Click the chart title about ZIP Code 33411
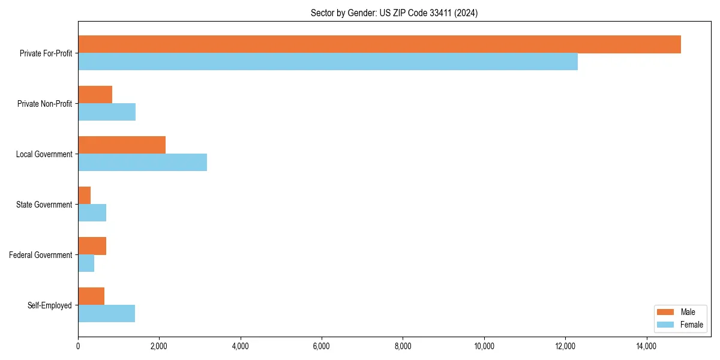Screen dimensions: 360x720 click(x=394, y=13)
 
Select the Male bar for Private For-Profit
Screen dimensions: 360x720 click(x=379, y=44)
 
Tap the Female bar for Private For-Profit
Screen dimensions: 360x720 click(x=328, y=62)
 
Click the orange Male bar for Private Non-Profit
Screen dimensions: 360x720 click(x=95, y=95)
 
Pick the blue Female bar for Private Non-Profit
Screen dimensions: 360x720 click(x=107, y=112)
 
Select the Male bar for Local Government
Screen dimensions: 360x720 click(x=122, y=145)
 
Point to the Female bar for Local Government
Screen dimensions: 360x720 click(x=142, y=163)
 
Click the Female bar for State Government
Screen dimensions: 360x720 click(x=92, y=213)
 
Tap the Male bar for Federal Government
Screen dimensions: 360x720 click(x=92, y=246)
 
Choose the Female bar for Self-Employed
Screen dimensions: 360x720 click(x=106, y=314)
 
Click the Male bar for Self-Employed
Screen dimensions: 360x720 click(x=91, y=296)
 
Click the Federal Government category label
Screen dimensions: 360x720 click(x=41, y=255)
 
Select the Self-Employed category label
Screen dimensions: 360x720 click(x=50, y=305)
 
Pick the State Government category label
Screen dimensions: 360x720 click(x=44, y=205)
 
